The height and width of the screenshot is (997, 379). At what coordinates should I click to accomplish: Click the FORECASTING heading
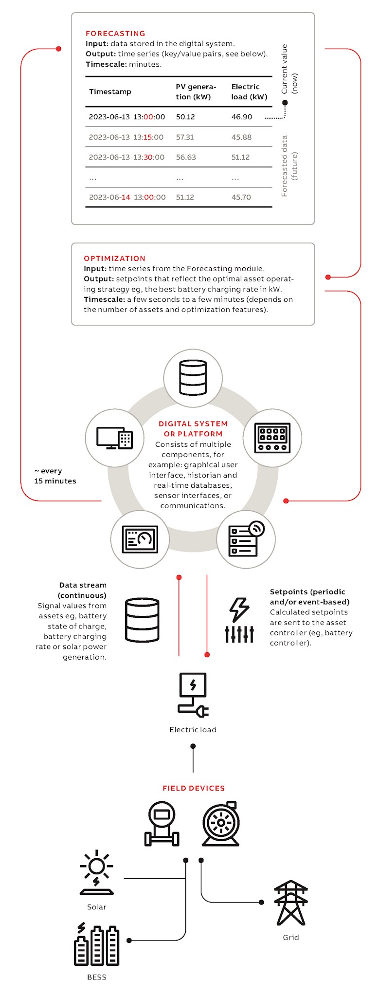(x=115, y=33)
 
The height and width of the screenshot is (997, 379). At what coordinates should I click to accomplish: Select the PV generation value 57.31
(x=185, y=137)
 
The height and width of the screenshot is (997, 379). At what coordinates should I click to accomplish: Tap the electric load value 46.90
(x=242, y=117)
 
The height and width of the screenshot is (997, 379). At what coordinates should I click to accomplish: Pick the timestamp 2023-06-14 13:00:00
(x=127, y=197)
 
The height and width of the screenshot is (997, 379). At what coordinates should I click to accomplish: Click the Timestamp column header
(x=110, y=92)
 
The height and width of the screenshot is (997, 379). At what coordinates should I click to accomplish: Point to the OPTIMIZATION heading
(x=114, y=258)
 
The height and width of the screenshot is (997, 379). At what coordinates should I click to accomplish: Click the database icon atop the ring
(x=193, y=378)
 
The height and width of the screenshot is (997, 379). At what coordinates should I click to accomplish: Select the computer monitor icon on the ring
(x=114, y=438)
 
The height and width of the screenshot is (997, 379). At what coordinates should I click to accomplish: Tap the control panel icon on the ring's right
(x=272, y=438)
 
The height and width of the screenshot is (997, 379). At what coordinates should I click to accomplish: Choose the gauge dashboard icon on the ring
(x=140, y=539)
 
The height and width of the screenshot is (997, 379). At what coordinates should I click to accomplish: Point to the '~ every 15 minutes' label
(x=55, y=476)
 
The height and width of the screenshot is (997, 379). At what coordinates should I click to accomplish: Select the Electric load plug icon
(x=193, y=695)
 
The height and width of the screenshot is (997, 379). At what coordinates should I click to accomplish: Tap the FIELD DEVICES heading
(x=194, y=788)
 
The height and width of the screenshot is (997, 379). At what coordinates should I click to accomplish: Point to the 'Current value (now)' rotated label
(x=289, y=70)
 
